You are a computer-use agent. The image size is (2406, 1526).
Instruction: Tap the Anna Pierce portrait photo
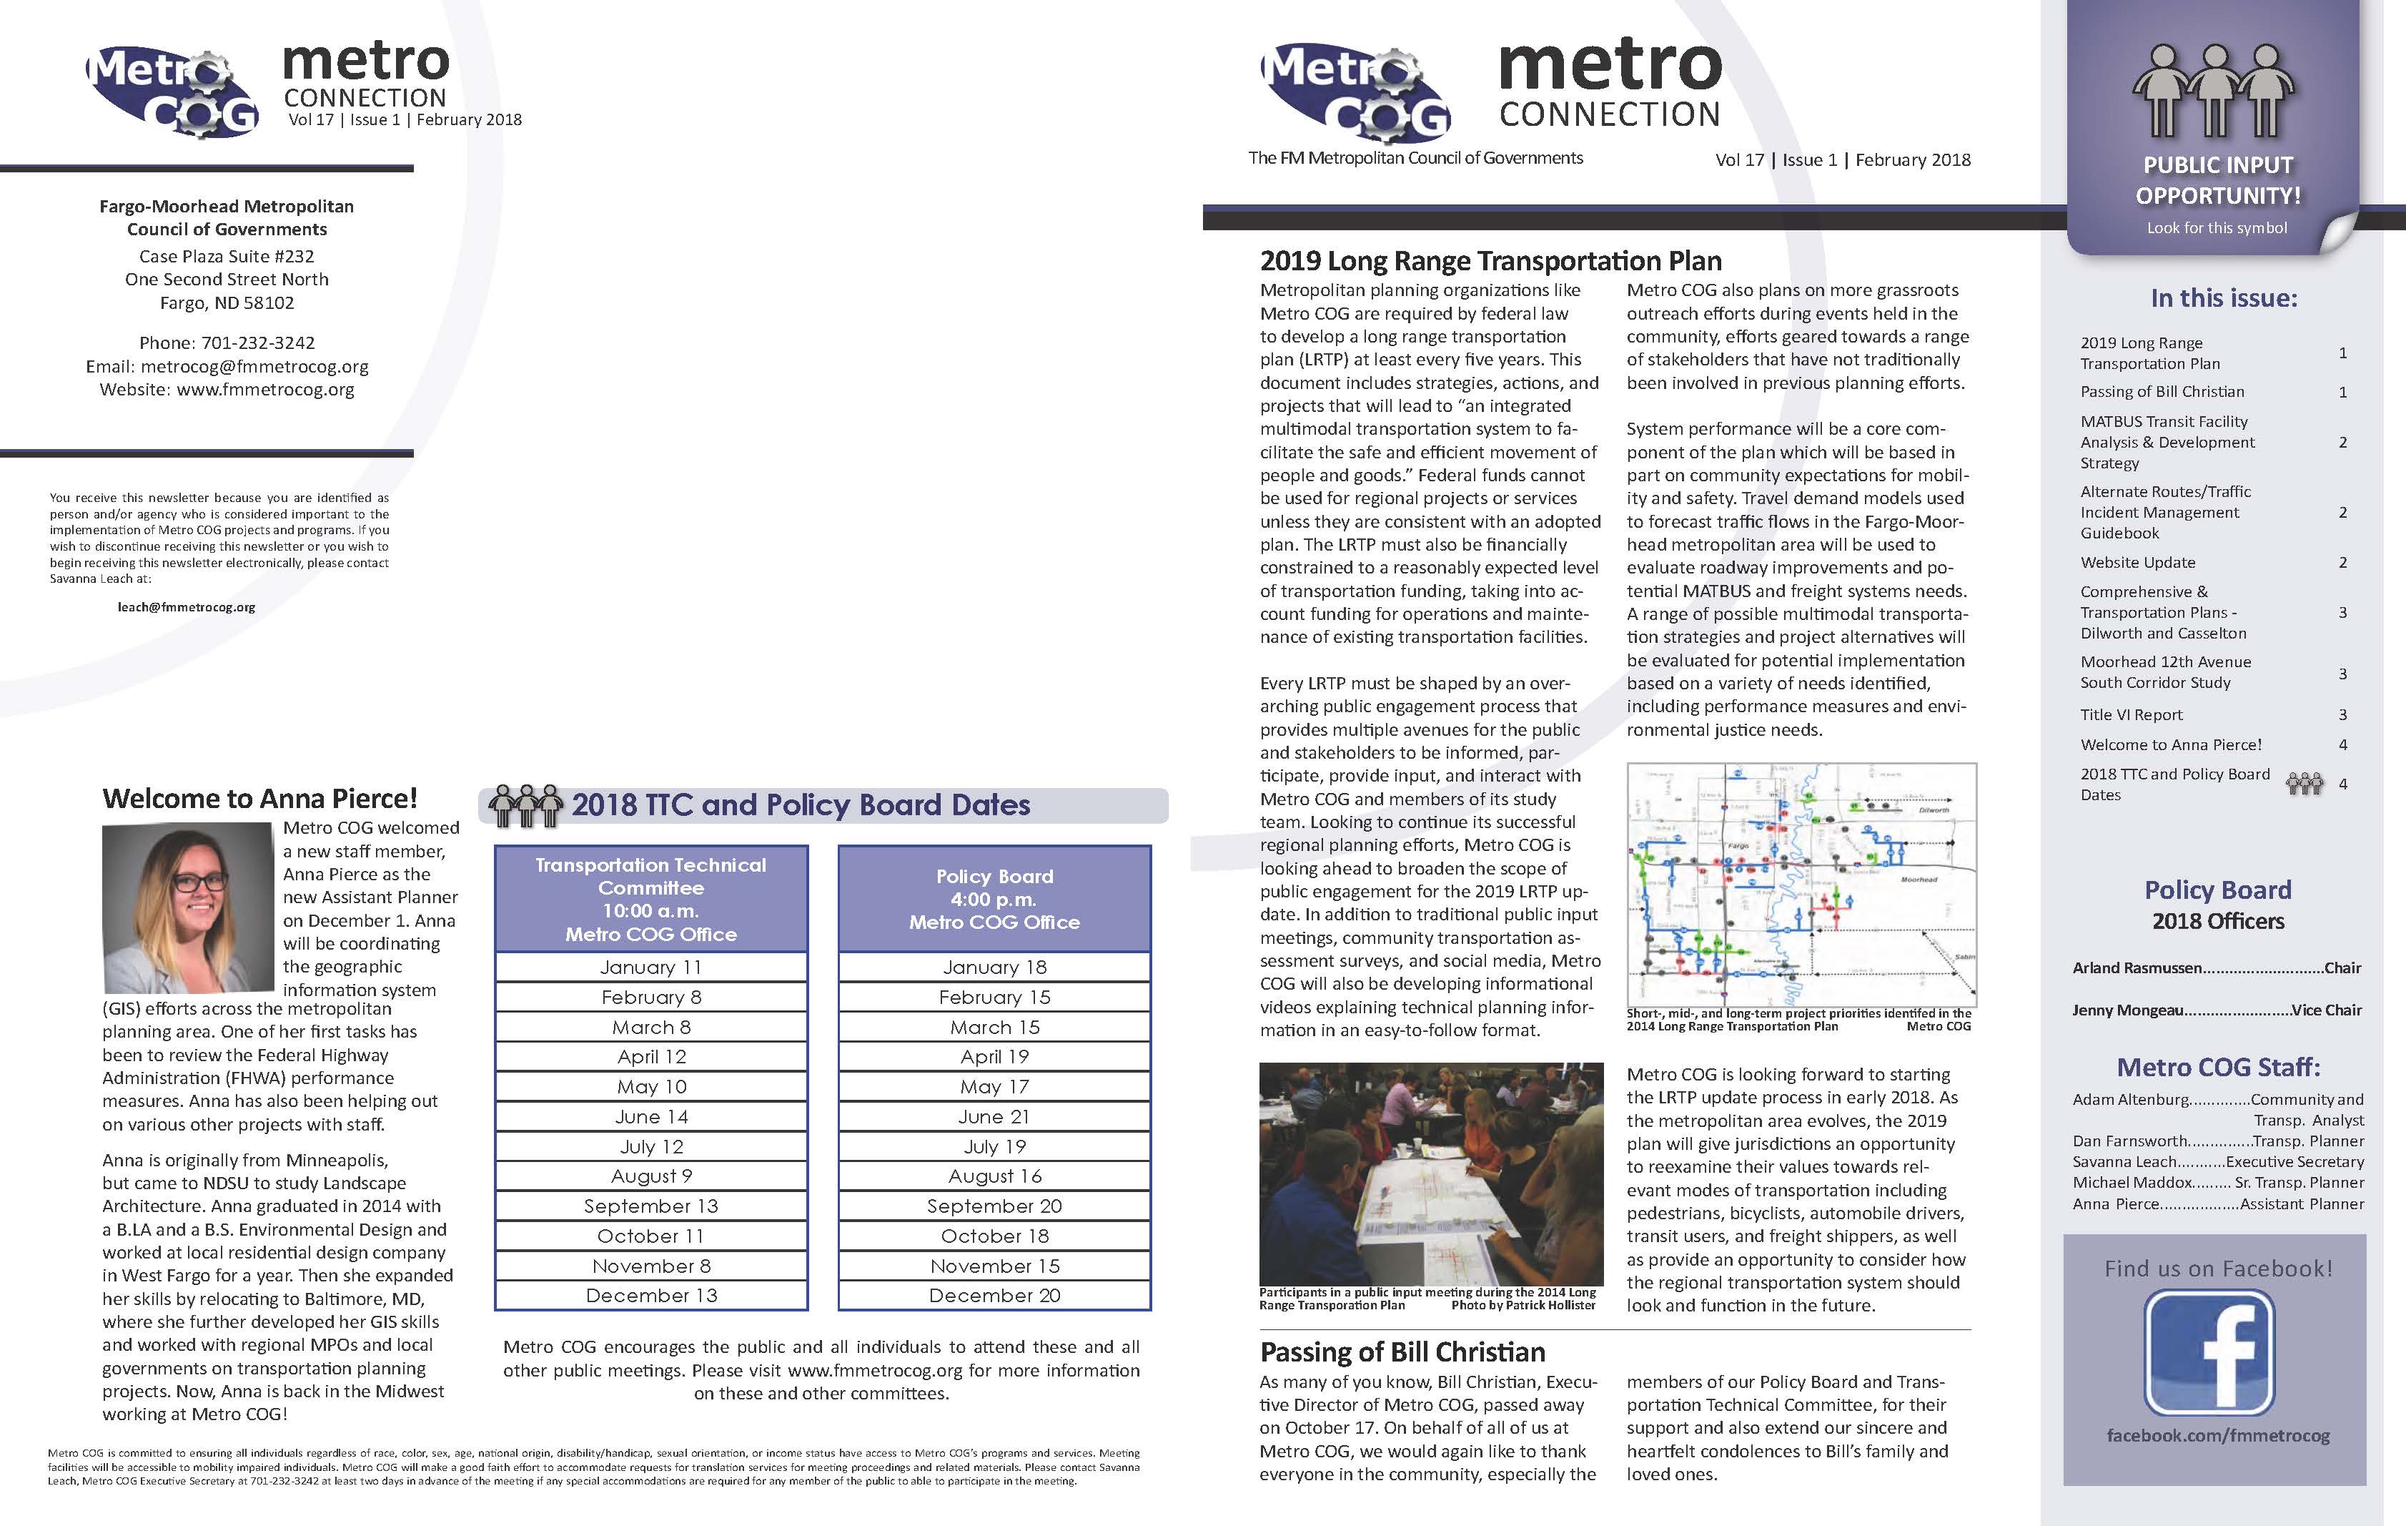click(x=188, y=907)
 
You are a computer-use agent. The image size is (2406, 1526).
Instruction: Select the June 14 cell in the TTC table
click(x=650, y=1116)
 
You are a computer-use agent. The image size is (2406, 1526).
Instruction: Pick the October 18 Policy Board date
click(x=994, y=1236)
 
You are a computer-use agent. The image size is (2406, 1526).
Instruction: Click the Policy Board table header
click(x=994, y=898)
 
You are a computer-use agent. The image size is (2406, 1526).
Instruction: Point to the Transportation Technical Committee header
click(x=650, y=898)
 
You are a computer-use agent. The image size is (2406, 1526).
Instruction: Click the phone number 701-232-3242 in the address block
click(x=258, y=343)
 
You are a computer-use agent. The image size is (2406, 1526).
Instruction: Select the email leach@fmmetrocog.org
click(x=186, y=606)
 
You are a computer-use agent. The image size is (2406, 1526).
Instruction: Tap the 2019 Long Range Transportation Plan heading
click(x=1491, y=261)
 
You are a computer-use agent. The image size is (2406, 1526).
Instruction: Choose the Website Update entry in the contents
click(x=2137, y=563)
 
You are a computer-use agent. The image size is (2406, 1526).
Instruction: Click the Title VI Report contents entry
click(x=2132, y=714)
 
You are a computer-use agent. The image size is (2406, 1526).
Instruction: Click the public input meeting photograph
click(x=1431, y=1173)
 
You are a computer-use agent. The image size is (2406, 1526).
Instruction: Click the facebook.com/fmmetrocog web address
click(x=2217, y=1436)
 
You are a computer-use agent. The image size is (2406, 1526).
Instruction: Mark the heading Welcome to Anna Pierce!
click(x=259, y=799)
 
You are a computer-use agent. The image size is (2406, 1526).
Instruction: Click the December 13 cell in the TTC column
click(x=650, y=1295)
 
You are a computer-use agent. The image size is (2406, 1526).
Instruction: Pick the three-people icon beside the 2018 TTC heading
click(x=525, y=805)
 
